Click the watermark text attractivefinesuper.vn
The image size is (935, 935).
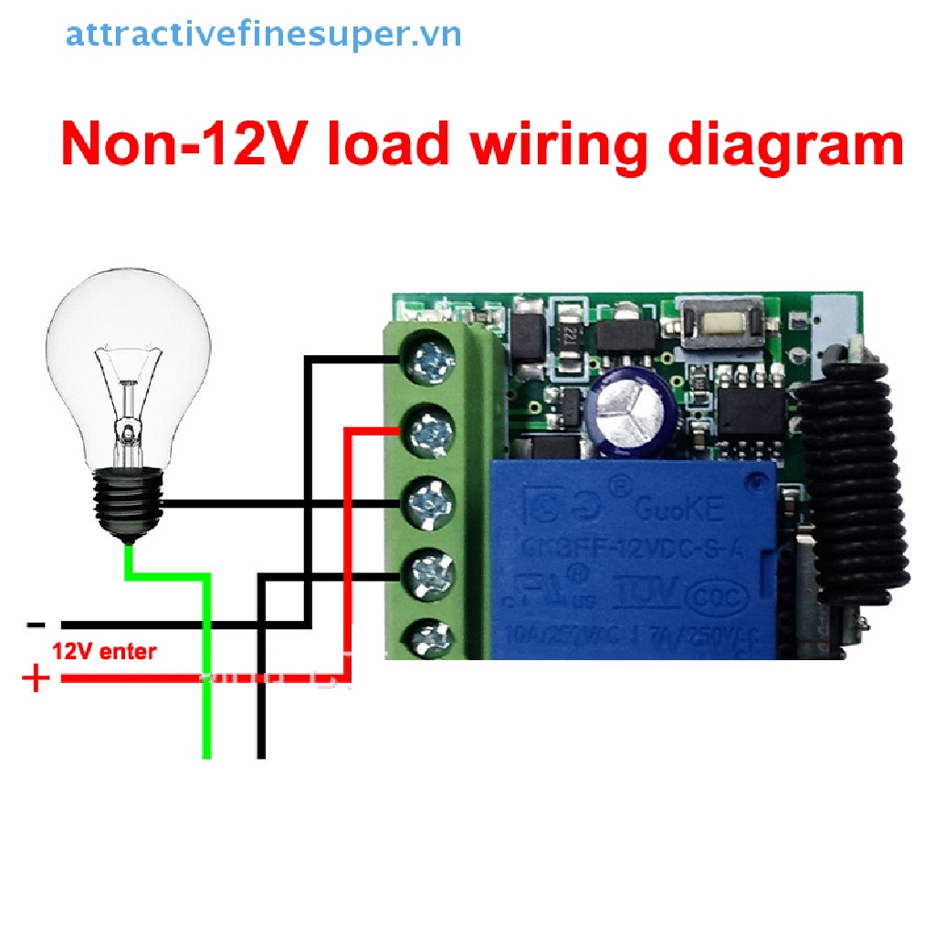263,35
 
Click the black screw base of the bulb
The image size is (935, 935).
128,502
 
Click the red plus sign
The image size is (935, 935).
36,679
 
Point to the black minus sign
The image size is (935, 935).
36,625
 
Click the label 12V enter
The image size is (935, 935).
104,652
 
